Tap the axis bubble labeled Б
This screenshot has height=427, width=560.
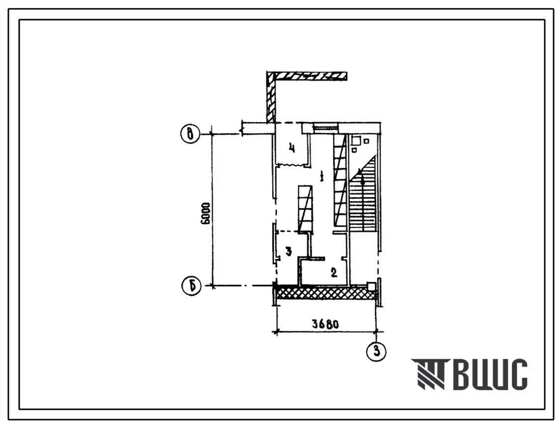pos(191,286)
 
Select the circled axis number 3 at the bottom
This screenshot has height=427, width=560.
pos(377,351)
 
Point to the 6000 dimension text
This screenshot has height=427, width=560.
pos(206,213)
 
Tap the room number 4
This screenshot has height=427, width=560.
pos(292,147)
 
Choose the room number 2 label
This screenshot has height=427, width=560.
pos(334,273)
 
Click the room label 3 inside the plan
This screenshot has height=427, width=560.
pos(289,252)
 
